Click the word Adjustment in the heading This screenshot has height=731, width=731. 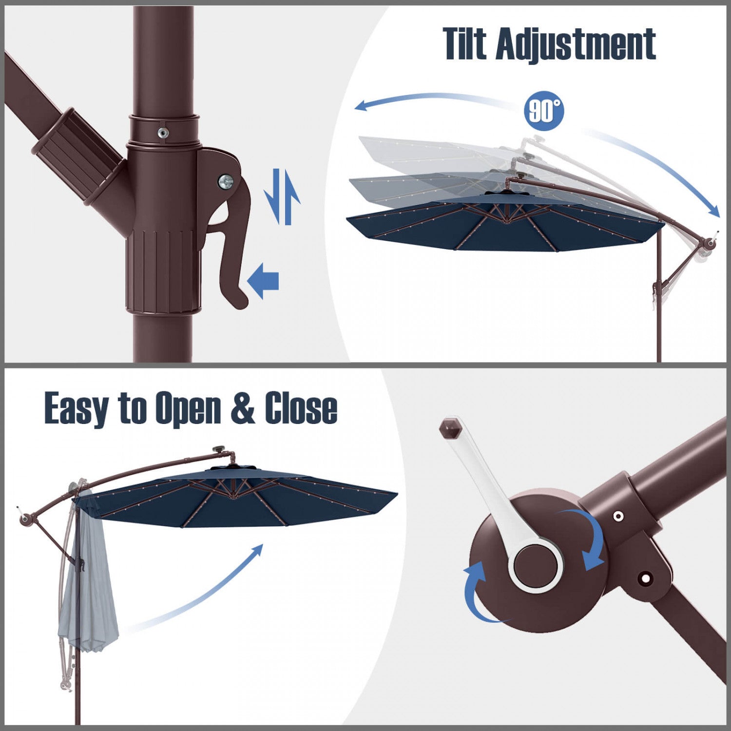[576, 45]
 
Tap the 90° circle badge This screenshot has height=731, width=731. [544, 111]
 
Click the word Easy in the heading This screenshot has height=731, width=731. [77, 409]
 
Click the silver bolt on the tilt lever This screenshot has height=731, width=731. [226, 182]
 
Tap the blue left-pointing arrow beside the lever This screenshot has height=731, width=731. [263, 281]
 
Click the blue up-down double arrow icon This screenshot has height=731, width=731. [282, 196]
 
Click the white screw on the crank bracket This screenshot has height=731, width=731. [618, 516]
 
